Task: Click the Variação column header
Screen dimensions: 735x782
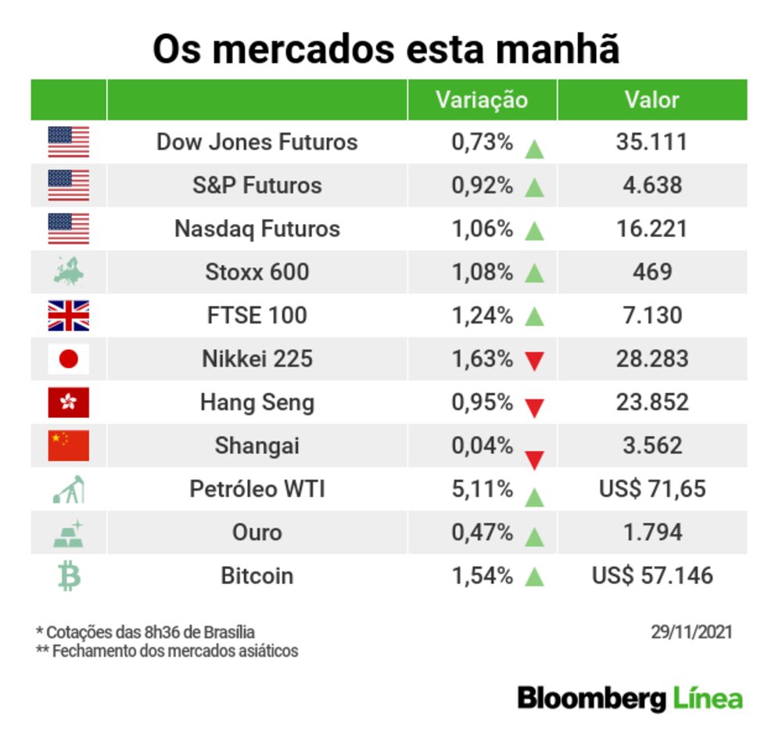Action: (x=481, y=100)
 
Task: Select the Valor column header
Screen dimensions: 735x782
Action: (x=651, y=100)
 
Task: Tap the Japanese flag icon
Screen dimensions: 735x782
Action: (x=69, y=359)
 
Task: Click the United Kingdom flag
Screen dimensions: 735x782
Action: (x=69, y=315)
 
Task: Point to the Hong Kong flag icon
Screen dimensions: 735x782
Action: (x=69, y=403)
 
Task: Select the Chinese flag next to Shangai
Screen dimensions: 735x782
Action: (x=69, y=445)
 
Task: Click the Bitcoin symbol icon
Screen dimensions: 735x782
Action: (x=69, y=577)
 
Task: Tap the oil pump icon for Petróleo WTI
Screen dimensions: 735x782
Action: (x=69, y=490)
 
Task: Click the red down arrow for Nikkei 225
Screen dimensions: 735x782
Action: (x=535, y=362)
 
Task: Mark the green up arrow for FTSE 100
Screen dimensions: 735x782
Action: (x=535, y=317)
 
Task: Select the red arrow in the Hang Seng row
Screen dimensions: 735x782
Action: (x=535, y=408)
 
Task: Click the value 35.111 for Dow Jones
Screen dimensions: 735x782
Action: (x=651, y=142)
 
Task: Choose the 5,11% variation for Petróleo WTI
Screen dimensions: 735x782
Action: (x=482, y=490)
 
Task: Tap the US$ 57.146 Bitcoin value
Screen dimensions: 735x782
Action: (x=652, y=576)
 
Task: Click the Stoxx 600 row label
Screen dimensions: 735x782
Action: (x=257, y=272)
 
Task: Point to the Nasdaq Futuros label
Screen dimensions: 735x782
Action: (x=257, y=229)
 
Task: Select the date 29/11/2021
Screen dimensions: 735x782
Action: (x=691, y=632)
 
